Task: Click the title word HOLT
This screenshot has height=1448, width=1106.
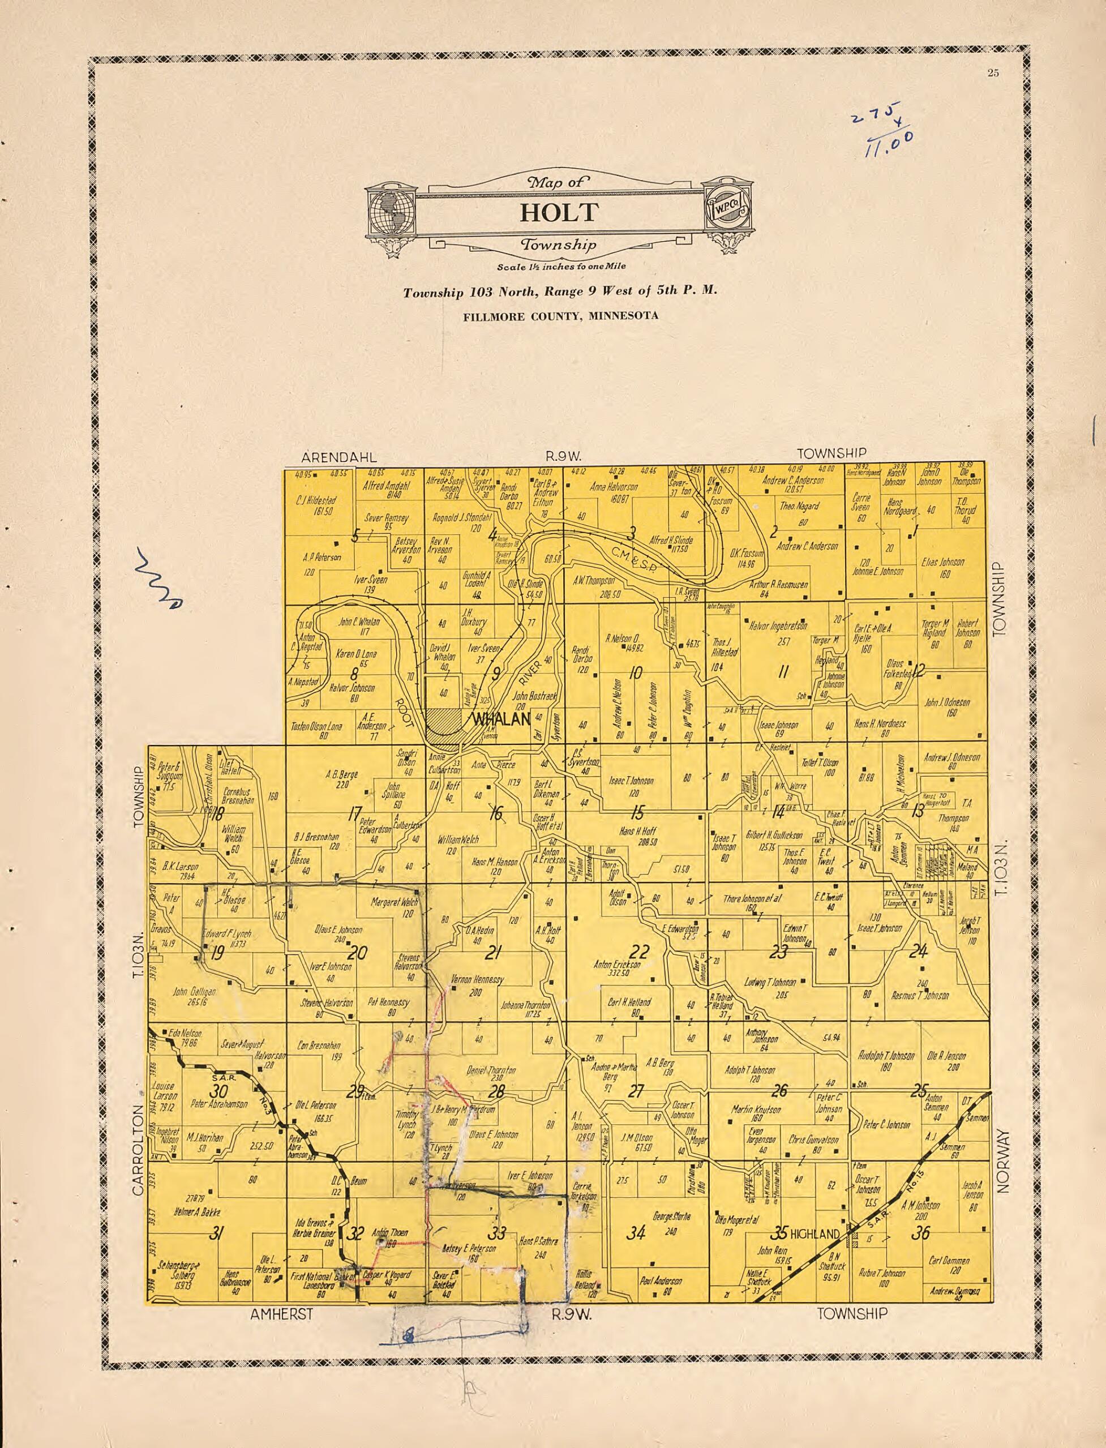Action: tap(560, 213)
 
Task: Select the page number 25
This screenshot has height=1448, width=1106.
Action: tap(993, 73)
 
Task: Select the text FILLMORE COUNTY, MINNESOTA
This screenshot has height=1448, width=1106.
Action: tap(560, 316)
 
